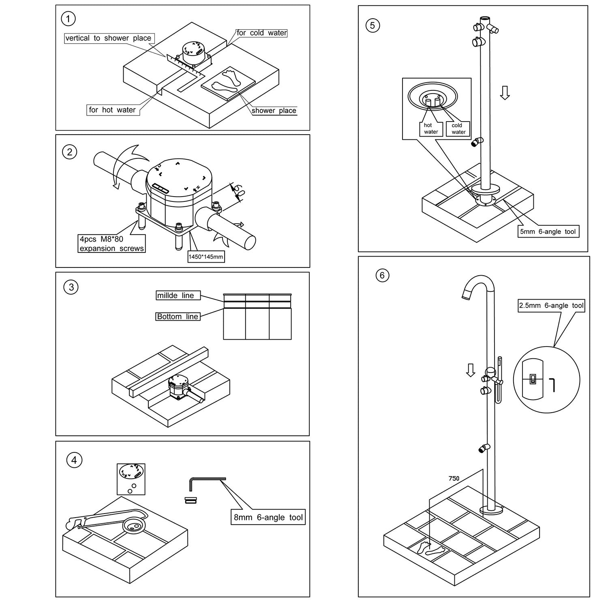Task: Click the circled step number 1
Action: [x=68, y=19]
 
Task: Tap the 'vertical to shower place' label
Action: [x=108, y=38]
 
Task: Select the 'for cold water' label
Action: [x=261, y=33]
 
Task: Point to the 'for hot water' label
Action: [x=112, y=110]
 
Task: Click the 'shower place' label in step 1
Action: [x=274, y=111]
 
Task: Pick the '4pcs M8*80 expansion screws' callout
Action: [x=111, y=244]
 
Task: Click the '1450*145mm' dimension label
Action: [x=206, y=257]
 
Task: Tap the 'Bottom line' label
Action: [x=178, y=317]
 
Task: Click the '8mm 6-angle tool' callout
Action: [x=268, y=518]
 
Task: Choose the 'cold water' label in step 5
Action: [x=458, y=128]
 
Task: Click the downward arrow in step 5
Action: [x=505, y=92]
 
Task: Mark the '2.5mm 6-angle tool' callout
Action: [x=551, y=306]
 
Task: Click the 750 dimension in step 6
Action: [x=454, y=479]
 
